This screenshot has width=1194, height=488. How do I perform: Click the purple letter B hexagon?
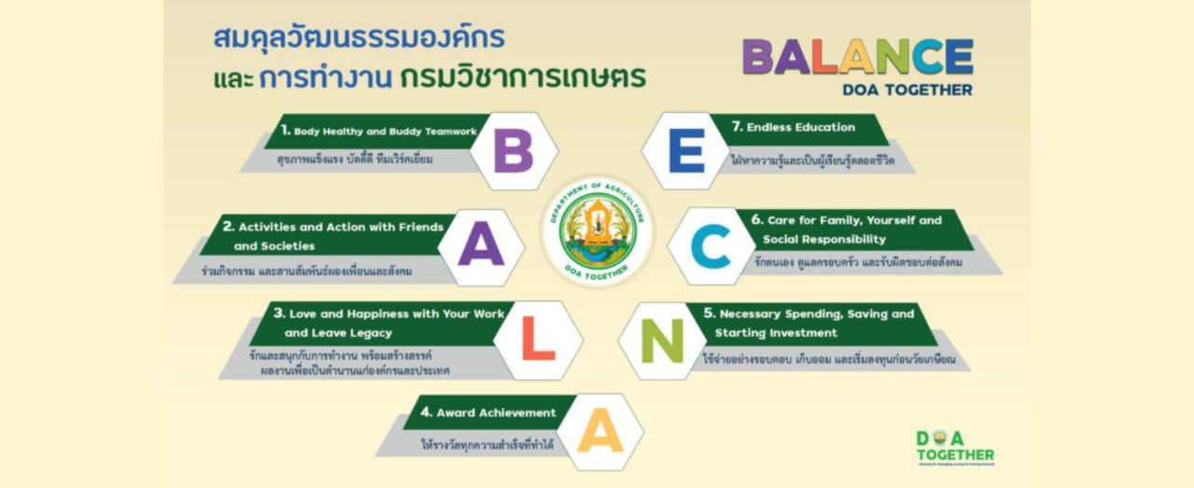tap(513, 151)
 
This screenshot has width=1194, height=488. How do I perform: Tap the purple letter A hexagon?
tap(480, 247)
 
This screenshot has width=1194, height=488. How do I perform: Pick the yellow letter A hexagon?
tap(600, 432)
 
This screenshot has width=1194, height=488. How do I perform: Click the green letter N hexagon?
tap(662, 341)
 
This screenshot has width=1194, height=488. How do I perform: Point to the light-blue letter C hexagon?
tap(711, 247)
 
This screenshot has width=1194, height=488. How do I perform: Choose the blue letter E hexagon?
tap(687, 151)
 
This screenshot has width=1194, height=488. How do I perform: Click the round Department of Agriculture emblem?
tap(597, 230)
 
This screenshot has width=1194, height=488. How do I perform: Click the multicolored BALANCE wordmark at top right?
tap(857, 58)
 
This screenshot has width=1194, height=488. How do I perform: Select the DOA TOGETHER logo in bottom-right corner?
tap(953, 447)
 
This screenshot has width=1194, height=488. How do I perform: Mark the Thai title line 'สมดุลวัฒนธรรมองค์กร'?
tap(359, 38)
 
